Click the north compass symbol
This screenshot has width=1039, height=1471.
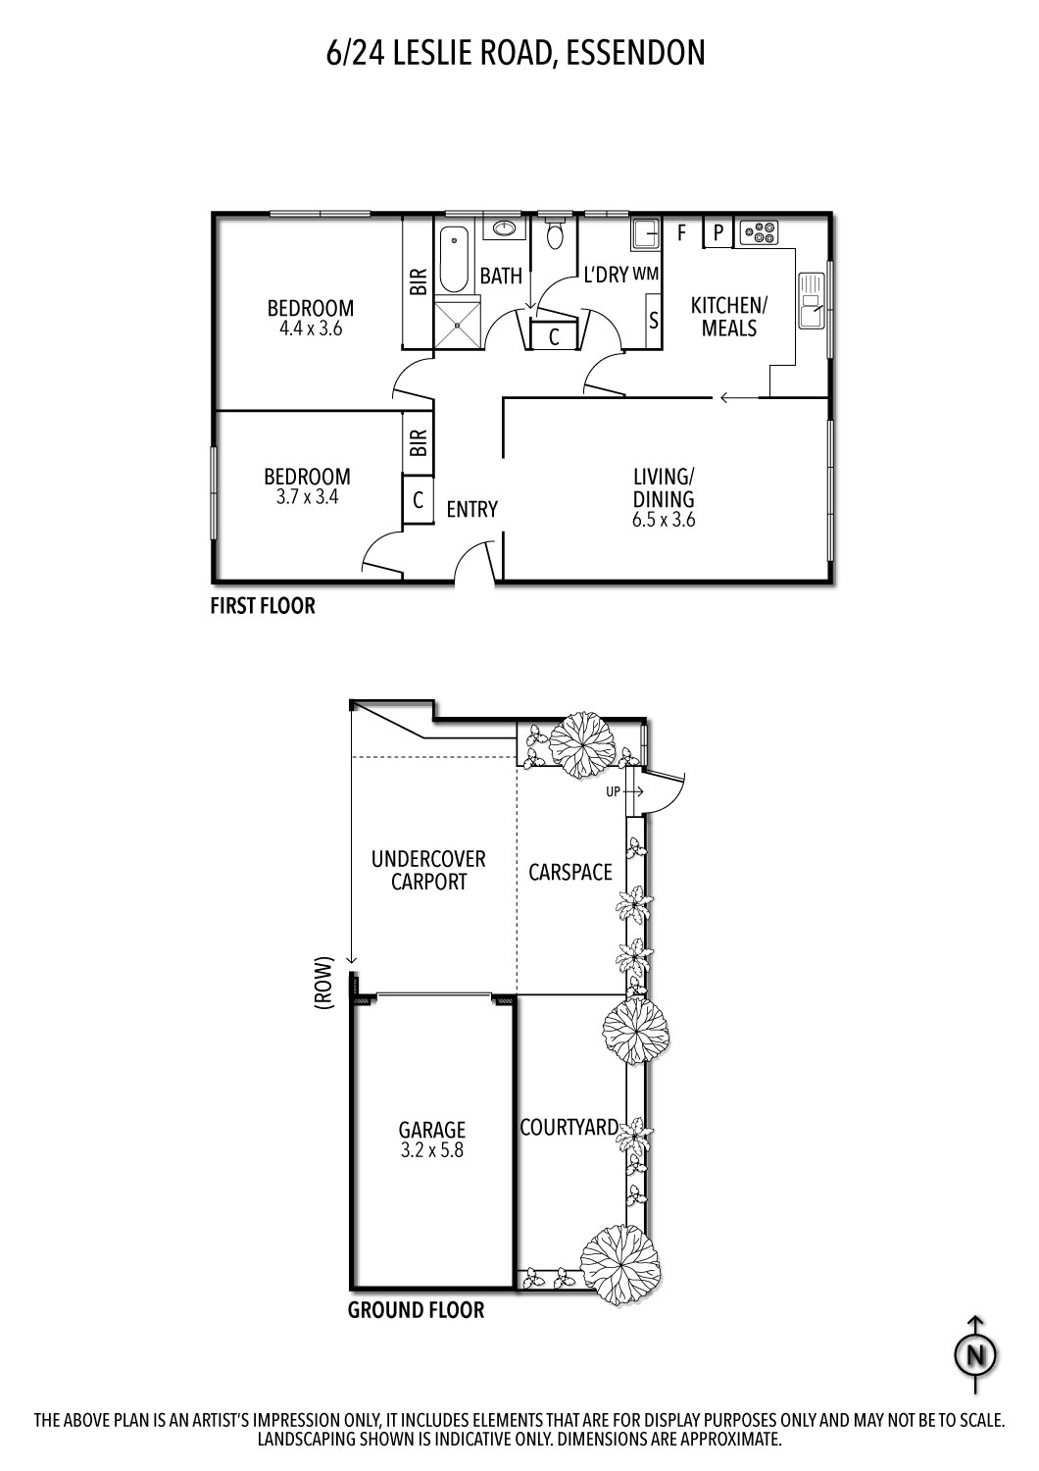point(975,1354)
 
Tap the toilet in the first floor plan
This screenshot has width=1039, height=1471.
point(555,230)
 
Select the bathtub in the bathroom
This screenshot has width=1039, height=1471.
point(454,260)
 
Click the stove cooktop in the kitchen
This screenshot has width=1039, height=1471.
point(759,231)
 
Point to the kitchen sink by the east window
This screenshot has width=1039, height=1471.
point(812,300)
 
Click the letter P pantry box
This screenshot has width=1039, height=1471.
point(718,231)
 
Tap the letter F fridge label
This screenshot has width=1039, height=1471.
point(682,231)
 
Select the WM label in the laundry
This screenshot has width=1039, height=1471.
point(646,274)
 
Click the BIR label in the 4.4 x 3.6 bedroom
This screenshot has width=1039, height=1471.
point(419,281)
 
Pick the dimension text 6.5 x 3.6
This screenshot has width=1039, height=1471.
point(664,520)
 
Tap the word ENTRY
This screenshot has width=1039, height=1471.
point(471,509)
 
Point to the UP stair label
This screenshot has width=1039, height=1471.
point(613,792)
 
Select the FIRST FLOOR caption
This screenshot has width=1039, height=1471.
point(263,605)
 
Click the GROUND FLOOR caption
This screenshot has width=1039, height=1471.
point(417,1310)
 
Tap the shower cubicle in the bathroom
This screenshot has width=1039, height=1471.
point(458,325)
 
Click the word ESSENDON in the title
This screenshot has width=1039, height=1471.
point(635,53)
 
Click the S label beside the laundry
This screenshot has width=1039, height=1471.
point(654,321)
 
